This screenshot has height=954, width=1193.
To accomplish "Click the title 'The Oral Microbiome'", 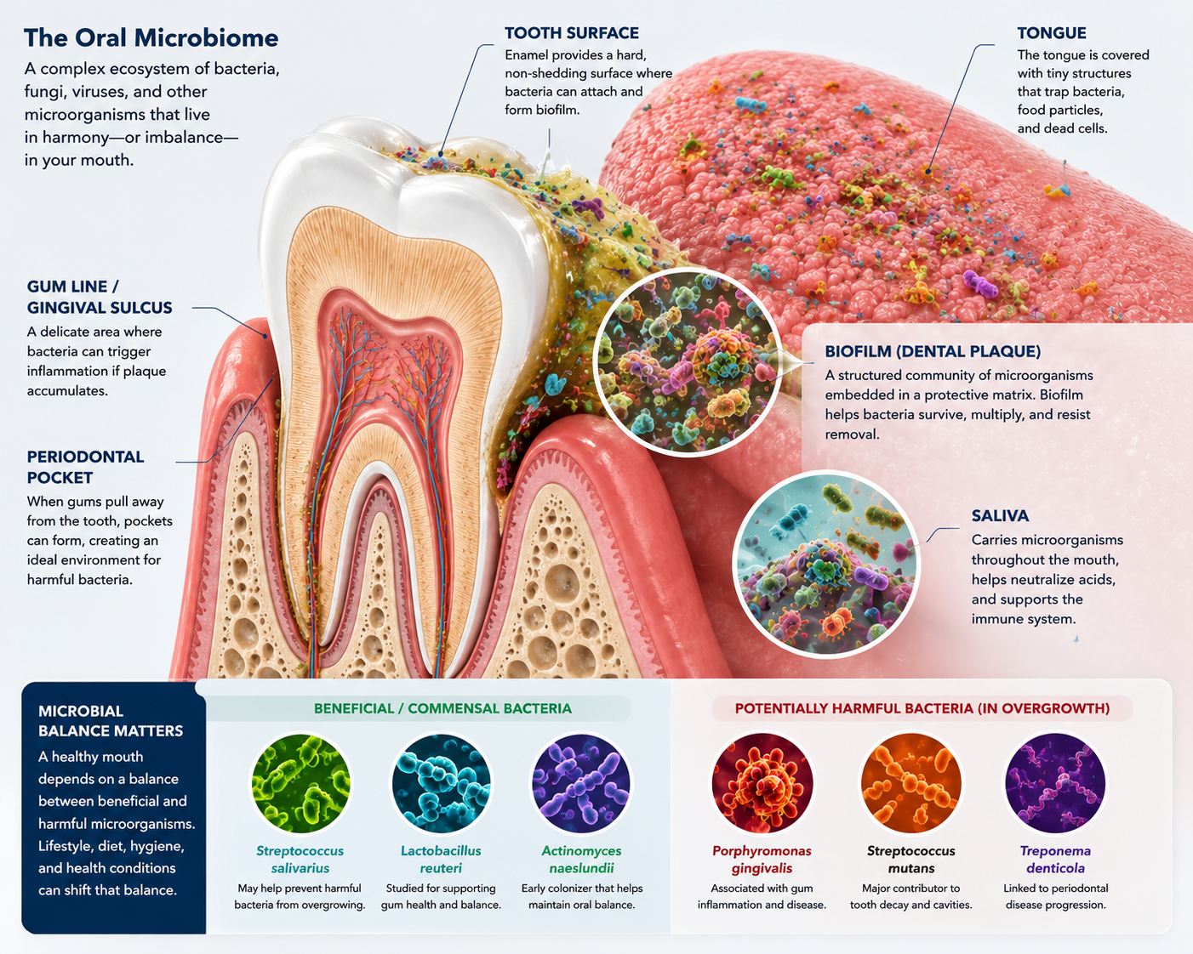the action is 151,37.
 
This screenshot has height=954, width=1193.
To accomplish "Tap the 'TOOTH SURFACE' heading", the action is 572,33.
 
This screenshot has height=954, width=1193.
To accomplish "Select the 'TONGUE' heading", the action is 1052,33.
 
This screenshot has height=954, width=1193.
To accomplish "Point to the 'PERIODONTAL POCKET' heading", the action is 85,467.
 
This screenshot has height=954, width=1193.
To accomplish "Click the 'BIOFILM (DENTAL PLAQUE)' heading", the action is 933,351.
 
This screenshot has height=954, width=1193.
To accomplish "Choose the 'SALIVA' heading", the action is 1000,516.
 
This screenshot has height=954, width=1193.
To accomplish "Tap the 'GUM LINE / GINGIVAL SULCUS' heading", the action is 100,297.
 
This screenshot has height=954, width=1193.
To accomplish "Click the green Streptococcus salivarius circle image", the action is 300,783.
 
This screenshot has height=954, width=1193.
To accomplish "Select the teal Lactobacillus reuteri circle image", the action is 442,783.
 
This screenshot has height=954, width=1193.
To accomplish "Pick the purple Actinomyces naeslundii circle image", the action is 581,783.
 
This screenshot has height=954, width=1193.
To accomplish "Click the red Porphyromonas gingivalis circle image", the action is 762,783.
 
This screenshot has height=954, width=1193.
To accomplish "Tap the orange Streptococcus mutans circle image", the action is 910,783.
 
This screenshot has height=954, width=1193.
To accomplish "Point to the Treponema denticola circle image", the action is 1055,783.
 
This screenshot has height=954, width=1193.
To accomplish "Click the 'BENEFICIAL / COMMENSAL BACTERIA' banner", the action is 442,708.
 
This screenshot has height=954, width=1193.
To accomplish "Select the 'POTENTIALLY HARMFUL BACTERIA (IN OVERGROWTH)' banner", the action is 922,708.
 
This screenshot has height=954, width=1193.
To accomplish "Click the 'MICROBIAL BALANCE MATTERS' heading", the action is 111,721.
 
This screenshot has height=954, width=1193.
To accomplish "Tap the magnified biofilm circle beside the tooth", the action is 687,361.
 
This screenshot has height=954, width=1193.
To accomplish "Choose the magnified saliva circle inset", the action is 827,564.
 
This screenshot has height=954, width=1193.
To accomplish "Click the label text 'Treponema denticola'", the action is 1055,860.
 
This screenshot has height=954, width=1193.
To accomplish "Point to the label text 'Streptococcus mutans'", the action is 910,860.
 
